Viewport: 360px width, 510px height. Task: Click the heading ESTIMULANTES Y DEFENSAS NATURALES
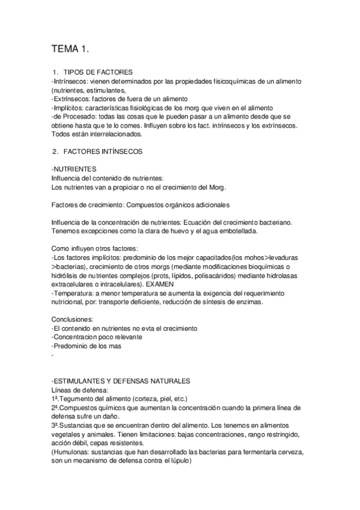point(122,381)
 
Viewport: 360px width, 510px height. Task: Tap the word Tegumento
point(79,399)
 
